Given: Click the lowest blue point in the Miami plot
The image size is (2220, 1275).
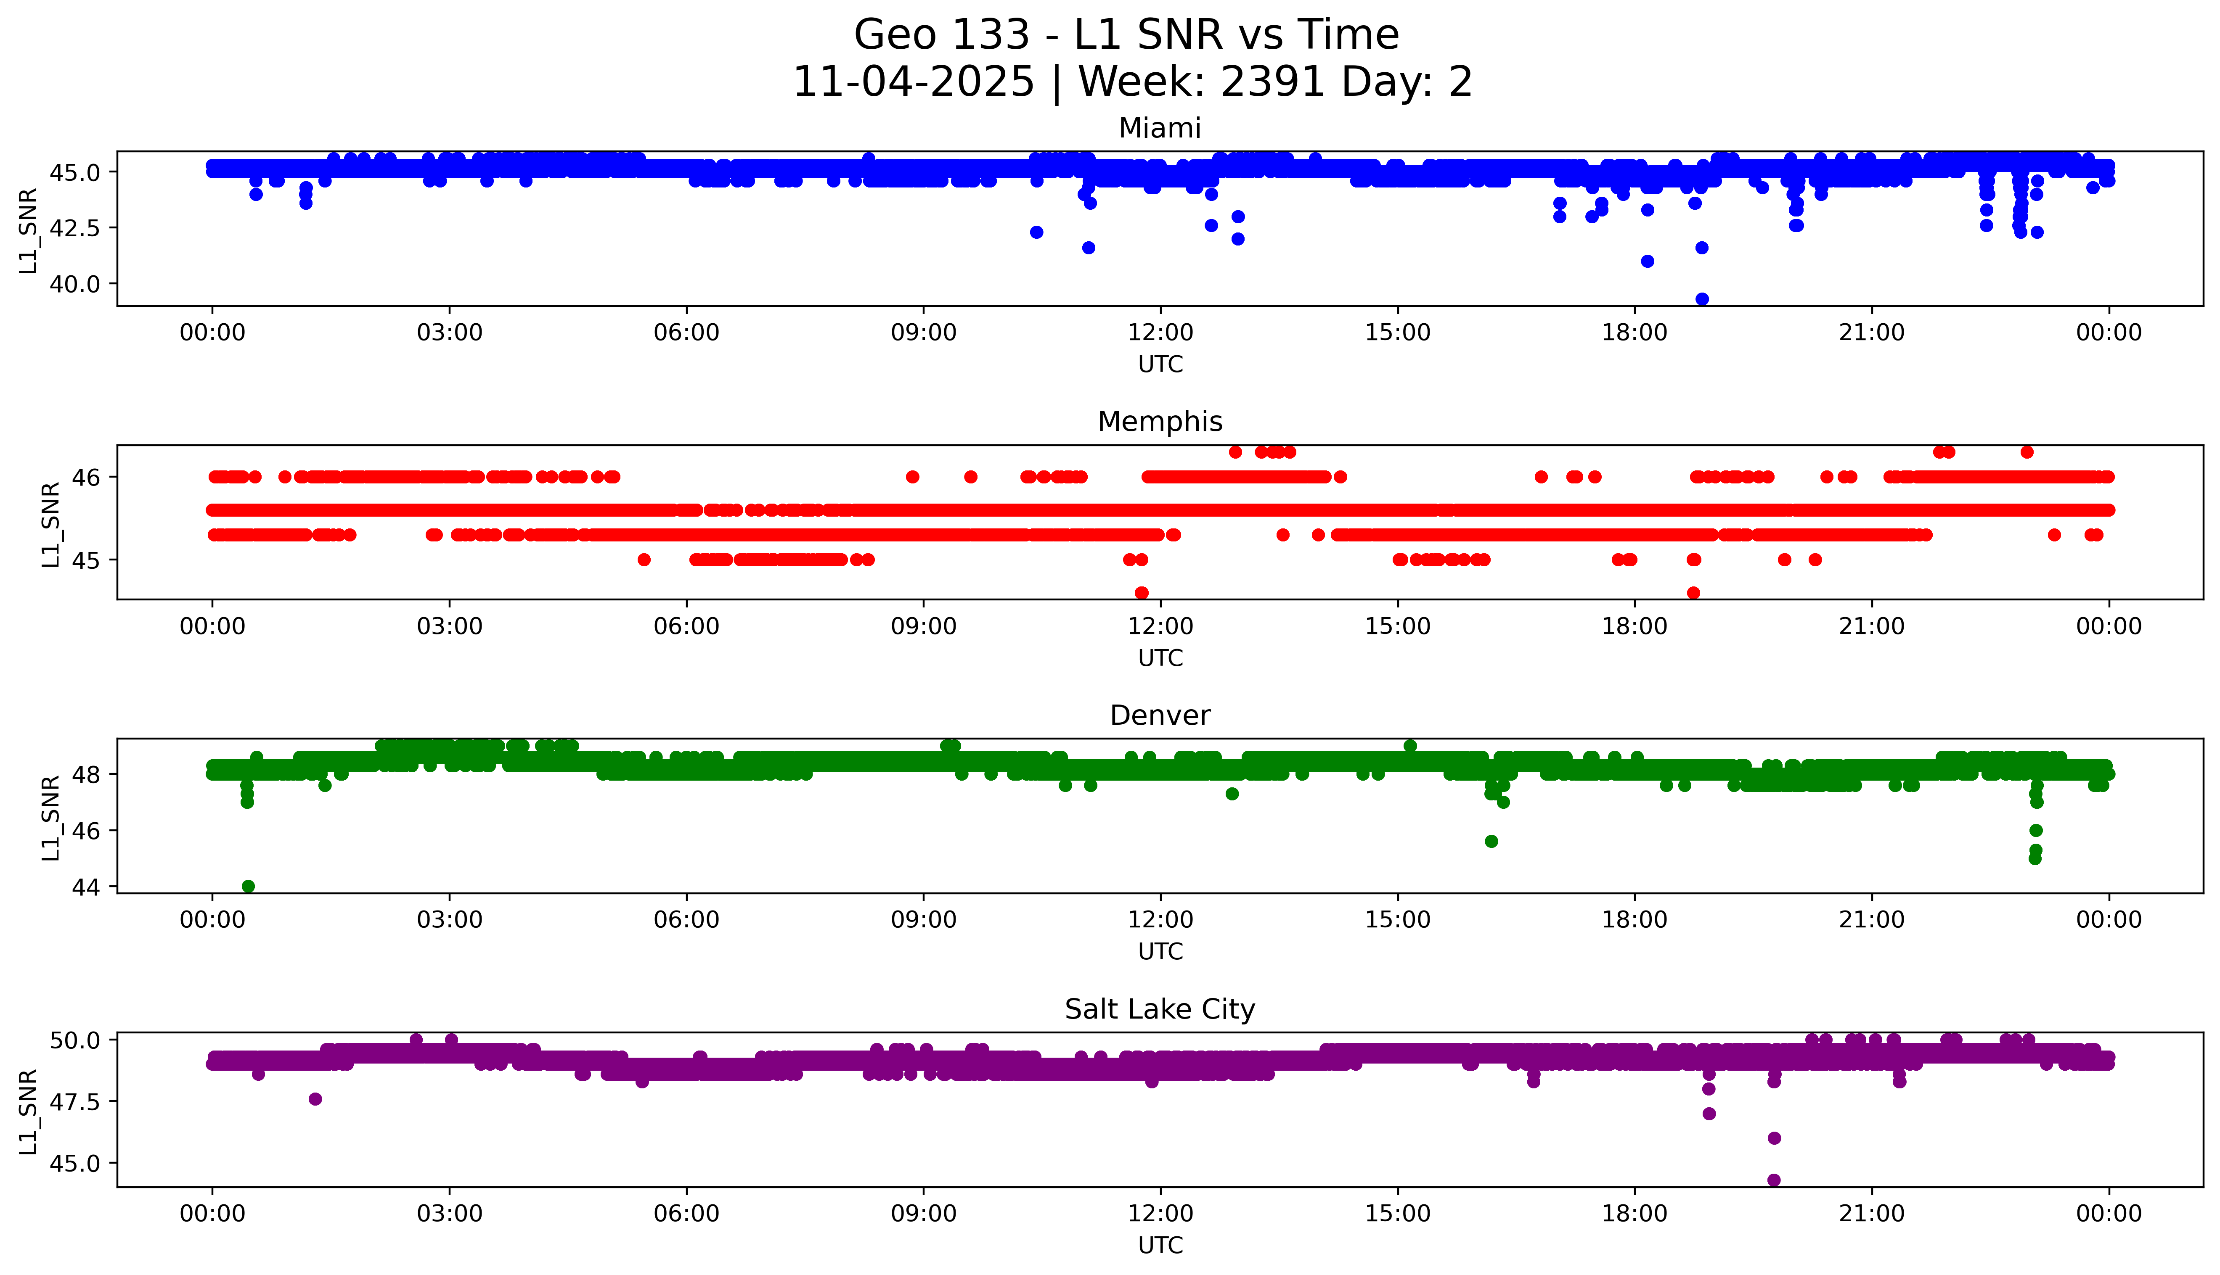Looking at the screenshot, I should click(1701, 298).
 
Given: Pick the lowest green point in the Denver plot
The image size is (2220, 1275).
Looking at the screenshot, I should click(248, 886).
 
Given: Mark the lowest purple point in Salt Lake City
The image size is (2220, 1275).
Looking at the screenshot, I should click(1774, 1180).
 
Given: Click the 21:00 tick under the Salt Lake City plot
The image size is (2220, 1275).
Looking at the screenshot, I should click(1871, 1214).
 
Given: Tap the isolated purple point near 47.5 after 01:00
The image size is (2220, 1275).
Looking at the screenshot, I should click(315, 1099).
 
